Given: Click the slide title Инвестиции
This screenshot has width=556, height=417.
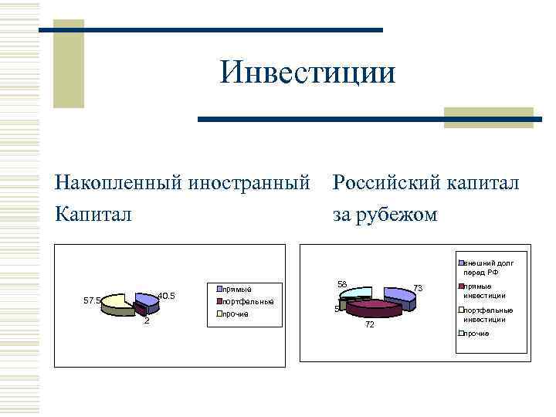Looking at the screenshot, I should [x=307, y=73].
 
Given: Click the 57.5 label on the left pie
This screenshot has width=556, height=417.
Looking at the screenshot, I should [x=91, y=300].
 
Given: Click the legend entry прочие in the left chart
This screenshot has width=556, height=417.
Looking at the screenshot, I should [x=236, y=314].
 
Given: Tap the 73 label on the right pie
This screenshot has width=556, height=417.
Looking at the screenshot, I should [x=418, y=287].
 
